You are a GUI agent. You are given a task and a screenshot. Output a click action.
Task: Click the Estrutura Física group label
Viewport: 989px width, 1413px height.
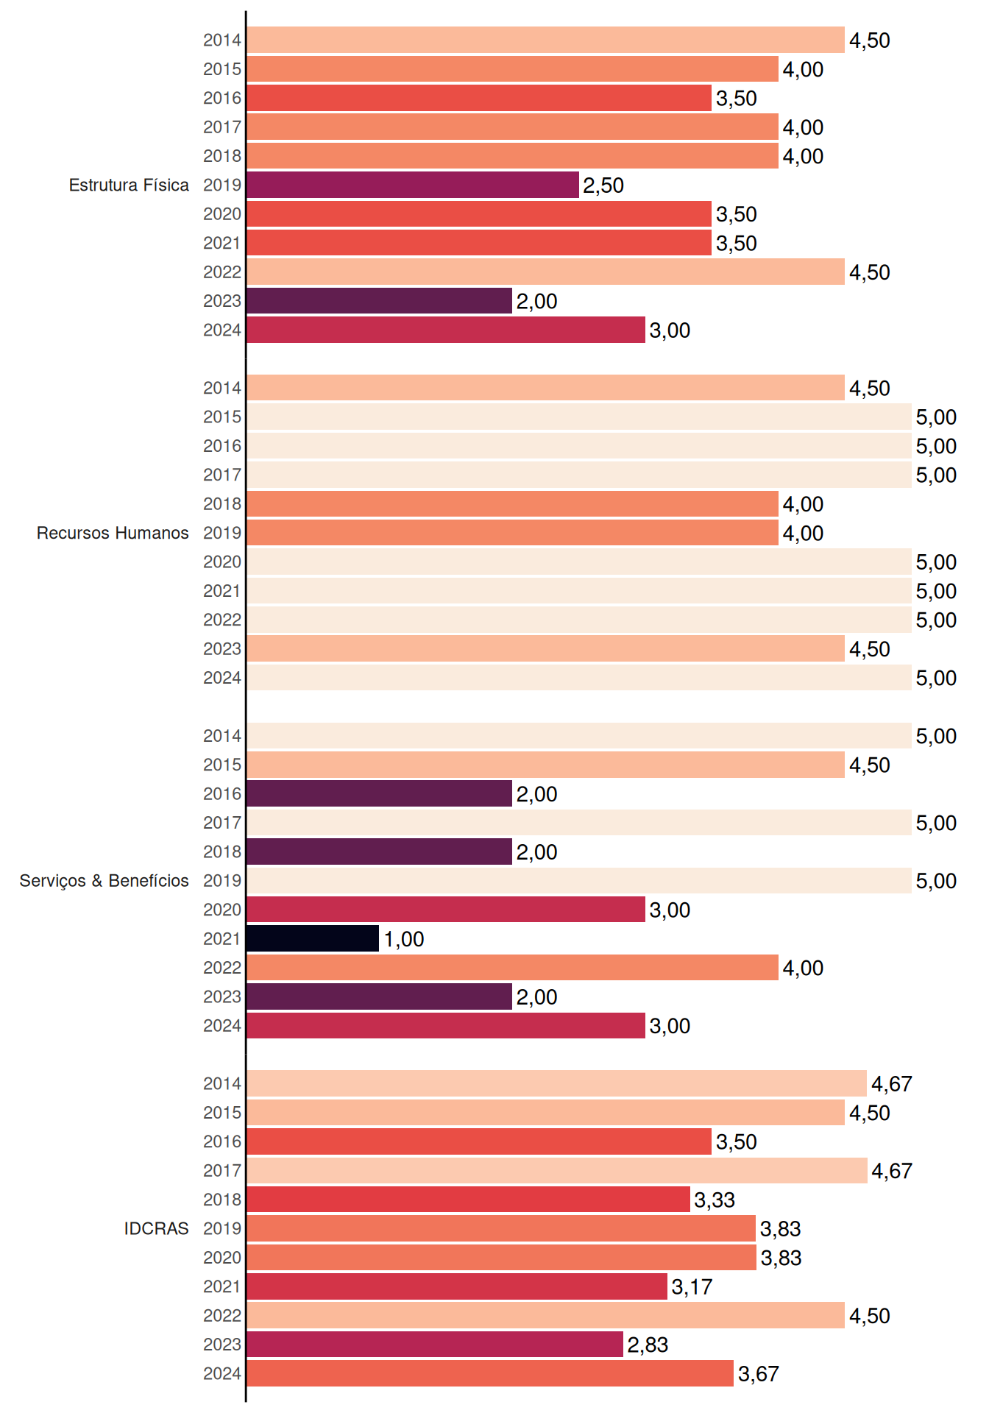129,185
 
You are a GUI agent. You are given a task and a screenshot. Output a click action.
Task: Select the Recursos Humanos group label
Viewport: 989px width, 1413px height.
113,533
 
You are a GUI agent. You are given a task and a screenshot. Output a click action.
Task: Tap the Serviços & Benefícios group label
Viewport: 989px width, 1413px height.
104,881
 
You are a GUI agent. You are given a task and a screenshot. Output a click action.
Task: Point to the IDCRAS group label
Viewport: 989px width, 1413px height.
156,1228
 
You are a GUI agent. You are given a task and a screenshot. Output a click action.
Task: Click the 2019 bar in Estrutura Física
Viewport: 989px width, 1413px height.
413,185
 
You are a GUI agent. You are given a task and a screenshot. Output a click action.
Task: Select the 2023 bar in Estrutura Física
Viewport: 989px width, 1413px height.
380,301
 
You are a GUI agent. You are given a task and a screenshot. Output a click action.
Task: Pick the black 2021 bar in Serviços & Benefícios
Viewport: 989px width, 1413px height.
313,938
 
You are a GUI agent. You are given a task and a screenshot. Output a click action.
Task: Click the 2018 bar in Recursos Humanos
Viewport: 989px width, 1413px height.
513,504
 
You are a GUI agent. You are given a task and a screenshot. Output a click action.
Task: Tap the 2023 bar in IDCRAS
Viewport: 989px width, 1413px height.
435,1345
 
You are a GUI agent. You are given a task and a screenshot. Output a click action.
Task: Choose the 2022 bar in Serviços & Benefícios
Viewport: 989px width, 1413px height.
513,968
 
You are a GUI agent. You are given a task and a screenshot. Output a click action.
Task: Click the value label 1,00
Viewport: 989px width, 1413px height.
404,939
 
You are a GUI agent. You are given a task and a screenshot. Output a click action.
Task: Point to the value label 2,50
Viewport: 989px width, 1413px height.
603,185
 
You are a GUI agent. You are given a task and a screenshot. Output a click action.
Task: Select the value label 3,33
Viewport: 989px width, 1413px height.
715,1200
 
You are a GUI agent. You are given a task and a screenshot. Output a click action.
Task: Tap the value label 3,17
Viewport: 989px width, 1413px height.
692,1287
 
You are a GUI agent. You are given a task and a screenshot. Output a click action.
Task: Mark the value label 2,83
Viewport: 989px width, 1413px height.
648,1345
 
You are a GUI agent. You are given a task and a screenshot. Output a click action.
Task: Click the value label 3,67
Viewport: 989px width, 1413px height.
759,1374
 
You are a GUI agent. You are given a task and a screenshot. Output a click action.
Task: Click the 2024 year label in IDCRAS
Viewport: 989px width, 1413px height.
222,1374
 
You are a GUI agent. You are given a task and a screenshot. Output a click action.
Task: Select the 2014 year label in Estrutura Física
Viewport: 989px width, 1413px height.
222,40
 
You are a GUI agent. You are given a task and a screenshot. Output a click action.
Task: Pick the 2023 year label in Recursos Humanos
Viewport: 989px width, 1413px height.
222,649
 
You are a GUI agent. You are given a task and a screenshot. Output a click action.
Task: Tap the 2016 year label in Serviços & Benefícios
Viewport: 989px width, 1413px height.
222,794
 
